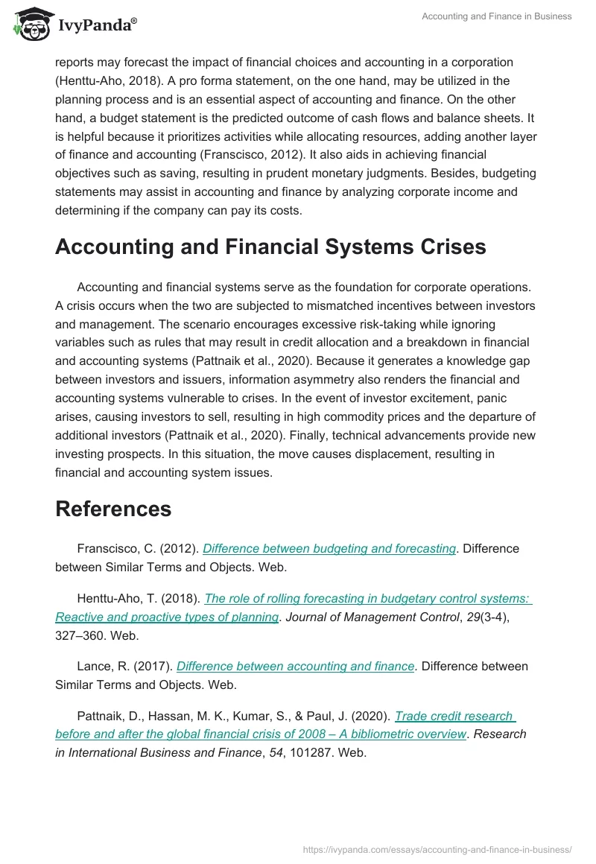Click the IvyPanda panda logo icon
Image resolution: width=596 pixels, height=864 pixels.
pyautogui.click(x=31, y=24)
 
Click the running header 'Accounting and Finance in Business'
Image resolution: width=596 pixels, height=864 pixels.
pyautogui.click(x=496, y=16)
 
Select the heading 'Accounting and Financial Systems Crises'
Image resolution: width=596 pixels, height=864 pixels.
pyautogui.click(x=270, y=247)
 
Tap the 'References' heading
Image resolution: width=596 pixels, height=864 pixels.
pyautogui.click(x=113, y=509)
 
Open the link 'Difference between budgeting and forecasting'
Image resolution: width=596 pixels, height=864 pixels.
pyautogui.click(x=329, y=548)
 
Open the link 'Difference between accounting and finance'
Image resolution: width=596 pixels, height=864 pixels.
pyautogui.click(x=296, y=666)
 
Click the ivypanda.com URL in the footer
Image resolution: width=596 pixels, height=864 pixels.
pyautogui.click(x=437, y=849)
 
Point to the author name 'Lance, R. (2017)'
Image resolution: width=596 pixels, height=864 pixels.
pyautogui.click(x=124, y=666)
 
